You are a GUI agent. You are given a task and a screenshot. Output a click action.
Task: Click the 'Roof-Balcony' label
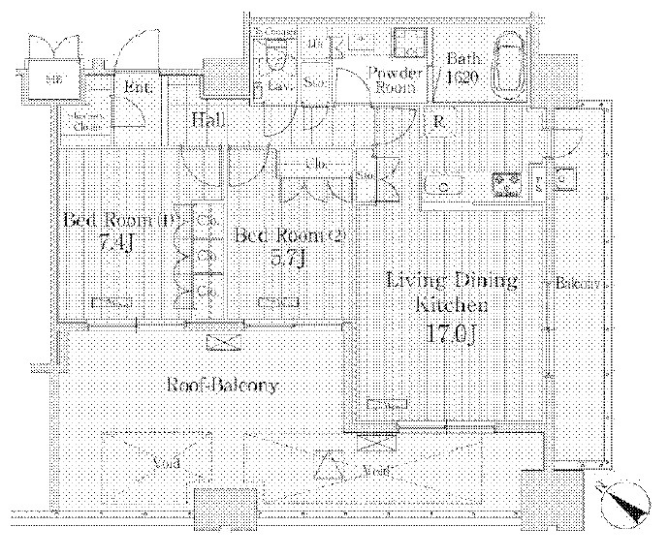[222, 386]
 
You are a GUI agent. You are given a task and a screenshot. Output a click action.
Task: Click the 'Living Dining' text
[451, 282]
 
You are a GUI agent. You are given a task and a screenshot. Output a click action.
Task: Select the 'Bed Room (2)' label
[290, 235]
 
